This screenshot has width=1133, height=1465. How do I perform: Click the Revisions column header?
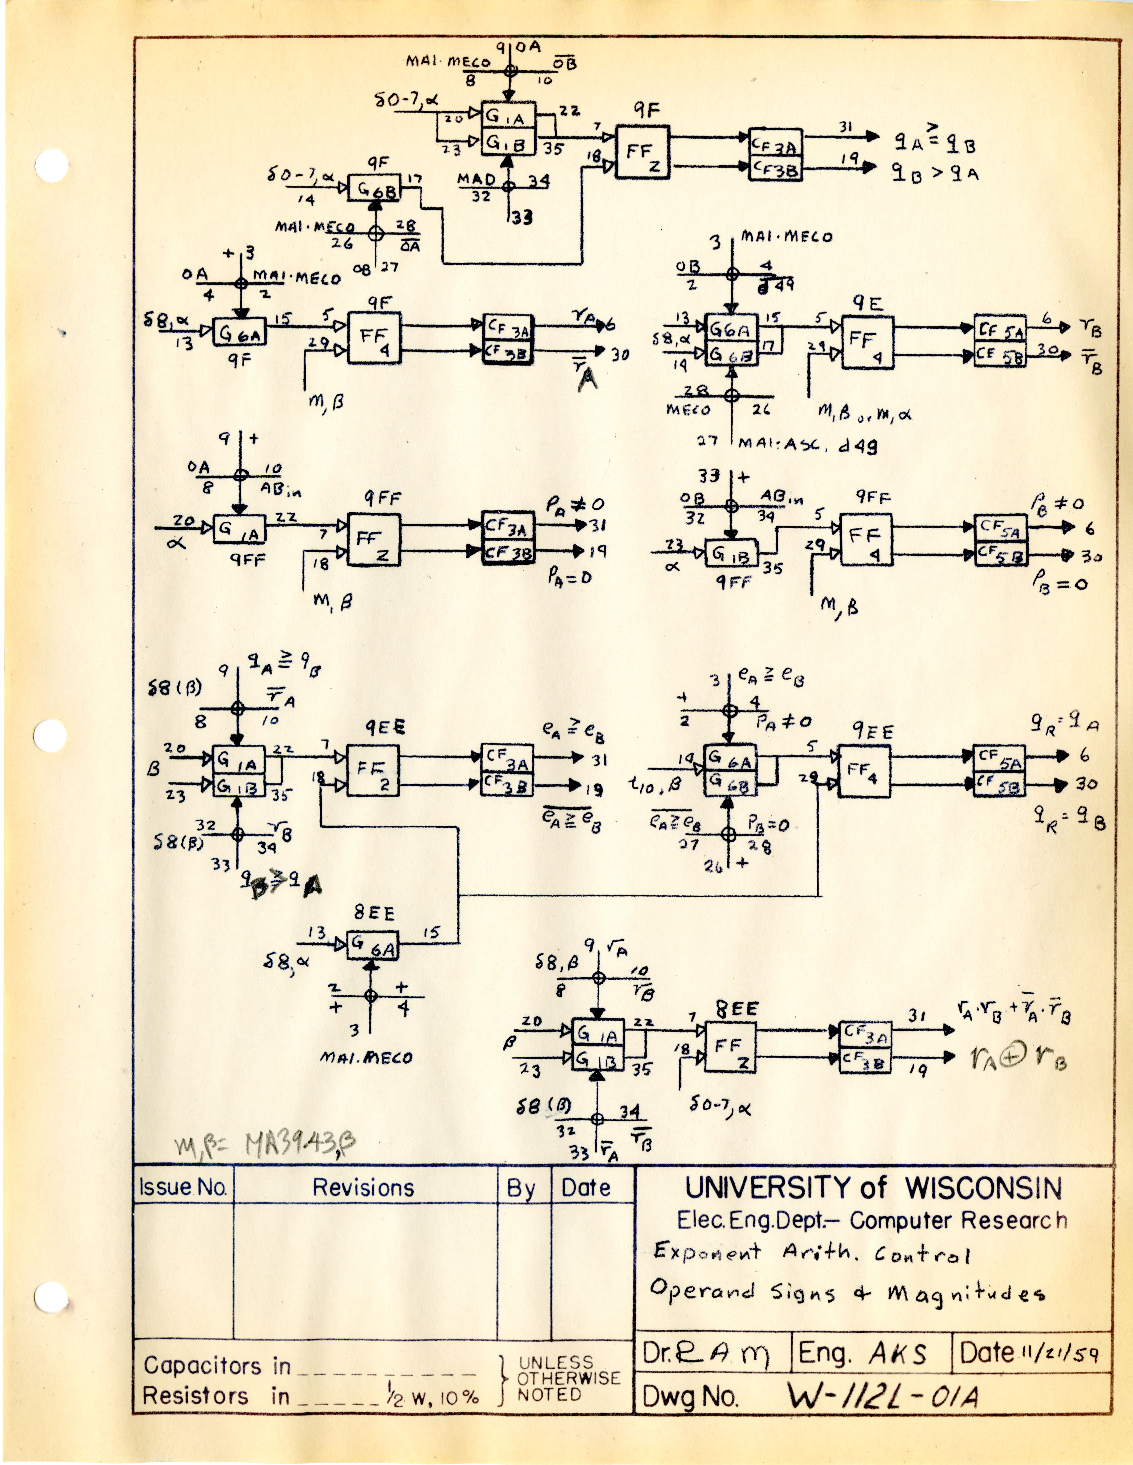363,1188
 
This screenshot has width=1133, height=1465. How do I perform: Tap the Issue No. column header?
183,1188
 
